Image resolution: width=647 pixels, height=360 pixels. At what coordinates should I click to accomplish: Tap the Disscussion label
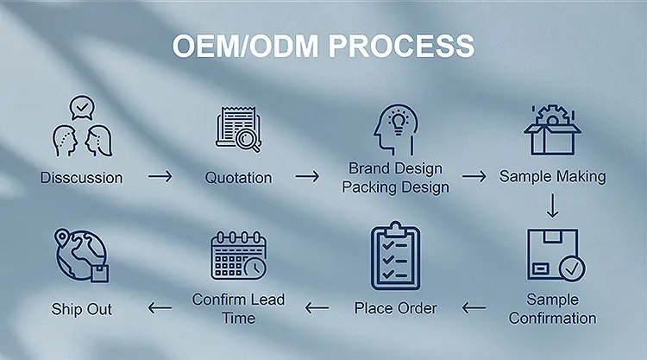click(x=81, y=178)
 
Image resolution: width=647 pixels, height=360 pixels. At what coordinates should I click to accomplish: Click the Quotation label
click(x=238, y=178)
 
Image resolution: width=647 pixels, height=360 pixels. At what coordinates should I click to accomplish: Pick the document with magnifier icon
click(x=239, y=129)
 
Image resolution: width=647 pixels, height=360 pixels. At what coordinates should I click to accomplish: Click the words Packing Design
click(x=395, y=186)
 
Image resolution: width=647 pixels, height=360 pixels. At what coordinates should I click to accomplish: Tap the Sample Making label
click(x=552, y=176)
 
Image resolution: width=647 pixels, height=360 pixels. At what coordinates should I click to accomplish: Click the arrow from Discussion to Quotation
click(x=160, y=177)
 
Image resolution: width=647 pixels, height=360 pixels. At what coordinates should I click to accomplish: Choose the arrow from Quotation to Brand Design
click(x=308, y=177)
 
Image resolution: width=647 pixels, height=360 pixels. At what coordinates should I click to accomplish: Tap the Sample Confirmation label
click(x=552, y=309)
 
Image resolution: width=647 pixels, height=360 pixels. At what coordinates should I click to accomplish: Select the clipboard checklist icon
click(x=395, y=256)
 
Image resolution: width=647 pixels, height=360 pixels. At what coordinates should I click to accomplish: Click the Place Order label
click(x=395, y=307)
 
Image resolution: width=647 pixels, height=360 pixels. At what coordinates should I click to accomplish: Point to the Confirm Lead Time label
click(x=238, y=309)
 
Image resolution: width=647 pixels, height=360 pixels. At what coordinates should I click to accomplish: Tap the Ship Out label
click(x=81, y=308)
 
